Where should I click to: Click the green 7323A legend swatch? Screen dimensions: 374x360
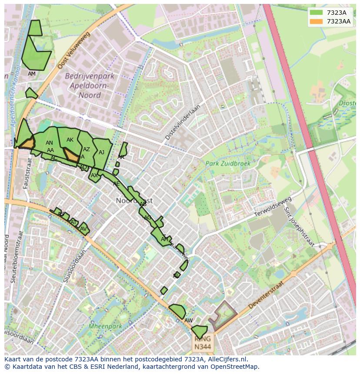point(316,13)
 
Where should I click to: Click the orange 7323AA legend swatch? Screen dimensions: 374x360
point(316,21)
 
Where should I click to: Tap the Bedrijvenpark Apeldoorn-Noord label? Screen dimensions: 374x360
point(90,86)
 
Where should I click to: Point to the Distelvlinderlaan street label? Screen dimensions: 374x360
point(183,122)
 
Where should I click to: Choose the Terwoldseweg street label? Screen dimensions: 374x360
point(272,208)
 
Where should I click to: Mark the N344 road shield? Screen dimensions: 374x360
point(202,343)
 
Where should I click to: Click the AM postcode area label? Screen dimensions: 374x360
point(32,74)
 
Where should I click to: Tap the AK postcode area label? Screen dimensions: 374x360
point(70,140)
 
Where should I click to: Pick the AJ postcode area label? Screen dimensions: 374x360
point(101,152)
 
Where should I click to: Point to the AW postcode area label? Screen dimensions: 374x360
point(188,321)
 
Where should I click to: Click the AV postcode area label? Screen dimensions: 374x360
point(83,229)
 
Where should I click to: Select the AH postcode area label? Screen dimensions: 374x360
point(164,239)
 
